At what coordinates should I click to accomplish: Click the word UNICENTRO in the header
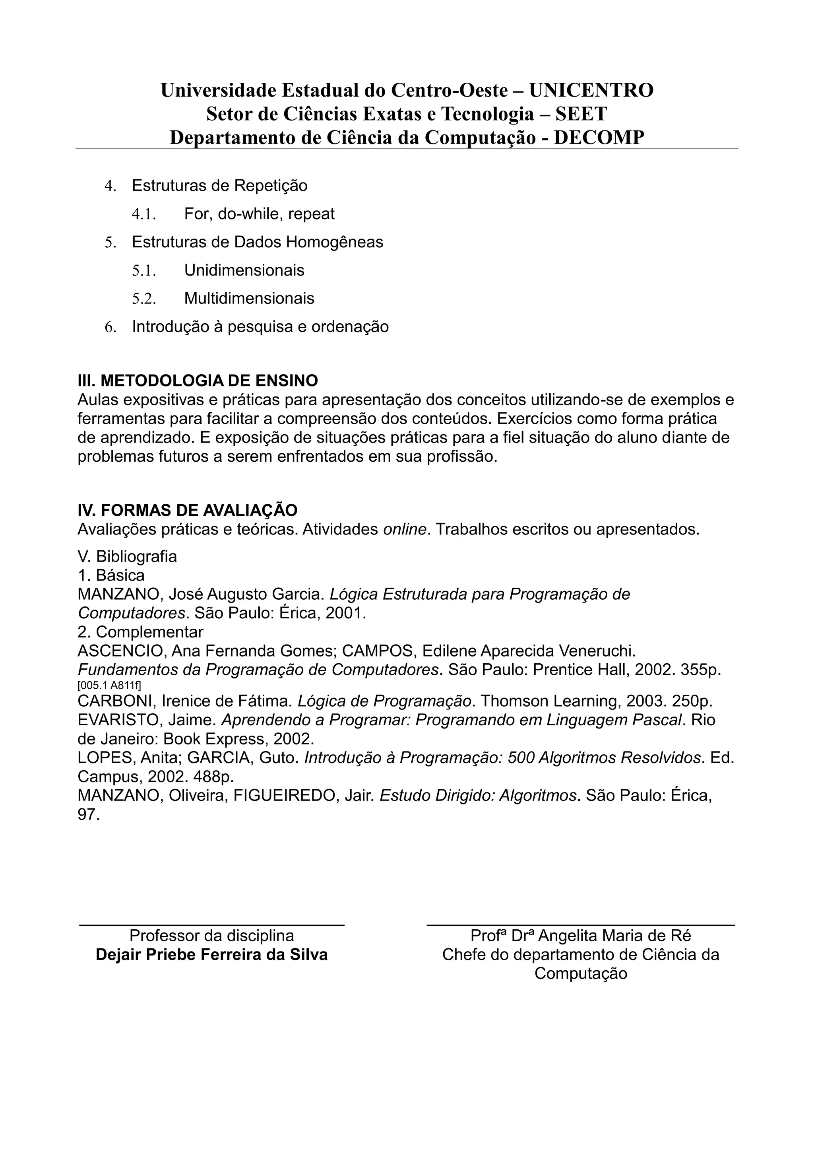pos(591,90)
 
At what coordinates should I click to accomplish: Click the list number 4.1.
pos(144,214)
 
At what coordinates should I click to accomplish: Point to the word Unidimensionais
pos(244,270)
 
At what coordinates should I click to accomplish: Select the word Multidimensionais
pos(249,299)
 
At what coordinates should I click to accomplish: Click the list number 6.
pos(110,327)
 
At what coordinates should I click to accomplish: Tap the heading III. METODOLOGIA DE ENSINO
pos(198,381)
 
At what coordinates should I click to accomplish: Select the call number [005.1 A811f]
pos(109,686)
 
